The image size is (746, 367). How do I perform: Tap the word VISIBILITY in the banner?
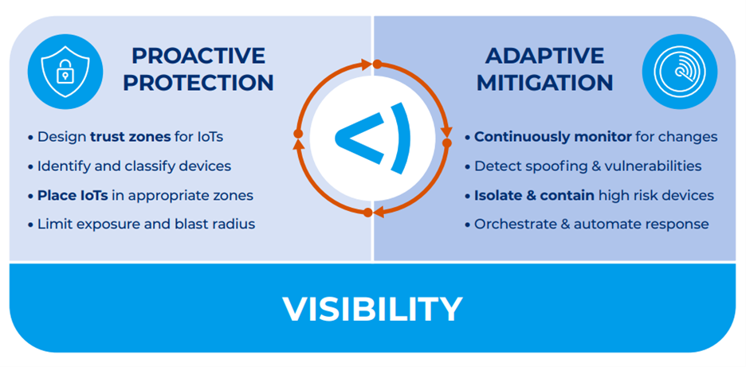click(x=372, y=309)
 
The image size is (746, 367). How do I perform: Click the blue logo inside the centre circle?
click(x=372, y=137)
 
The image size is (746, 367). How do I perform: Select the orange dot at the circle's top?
click(x=377, y=63)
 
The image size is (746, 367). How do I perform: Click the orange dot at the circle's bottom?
click(x=367, y=212)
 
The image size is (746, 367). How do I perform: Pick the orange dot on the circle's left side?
click(x=298, y=133)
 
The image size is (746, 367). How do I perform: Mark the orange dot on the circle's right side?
click(x=447, y=143)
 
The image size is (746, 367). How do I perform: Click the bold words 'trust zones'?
click(x=130, y=137)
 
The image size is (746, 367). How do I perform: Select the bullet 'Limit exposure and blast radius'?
click(x=146, y=224)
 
